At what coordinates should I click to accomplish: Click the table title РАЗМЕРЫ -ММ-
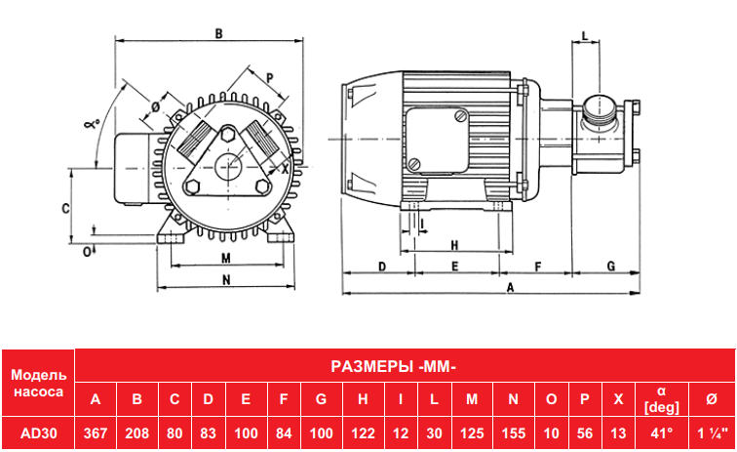click(x=394, y=366)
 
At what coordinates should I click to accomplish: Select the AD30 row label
click(x=39, y=433)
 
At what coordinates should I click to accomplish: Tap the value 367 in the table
click(x=96, y=433)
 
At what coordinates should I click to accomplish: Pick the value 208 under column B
click(x=136, y=433)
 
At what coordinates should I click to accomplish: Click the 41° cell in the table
click(x=661, y=433)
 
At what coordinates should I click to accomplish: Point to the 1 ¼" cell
click(x=712, y=433)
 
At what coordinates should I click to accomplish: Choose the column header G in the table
click(x=321, y=399)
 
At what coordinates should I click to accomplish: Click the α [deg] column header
click(x=661, y=399)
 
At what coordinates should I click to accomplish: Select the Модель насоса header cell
click(x=39, y=384)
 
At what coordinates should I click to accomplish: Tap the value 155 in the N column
click(x=513, y=433)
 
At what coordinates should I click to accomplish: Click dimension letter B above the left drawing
click(x=218, y=33)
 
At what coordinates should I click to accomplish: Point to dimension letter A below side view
click(x=510, y=287)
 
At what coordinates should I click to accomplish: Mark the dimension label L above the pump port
click(x=585, y=36)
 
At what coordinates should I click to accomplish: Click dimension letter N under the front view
click(x=226, y=279)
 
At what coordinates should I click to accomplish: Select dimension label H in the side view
click(x=454, y=245)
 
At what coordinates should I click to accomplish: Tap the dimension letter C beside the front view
click(x=66, y=208)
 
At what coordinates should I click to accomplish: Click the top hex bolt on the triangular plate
click(x=228, y=134)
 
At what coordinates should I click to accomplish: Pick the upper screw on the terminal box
click(x=459, y=116)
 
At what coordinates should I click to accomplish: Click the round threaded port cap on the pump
click(x=601, y=107)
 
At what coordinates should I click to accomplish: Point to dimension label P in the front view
click(x=270, y=78)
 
